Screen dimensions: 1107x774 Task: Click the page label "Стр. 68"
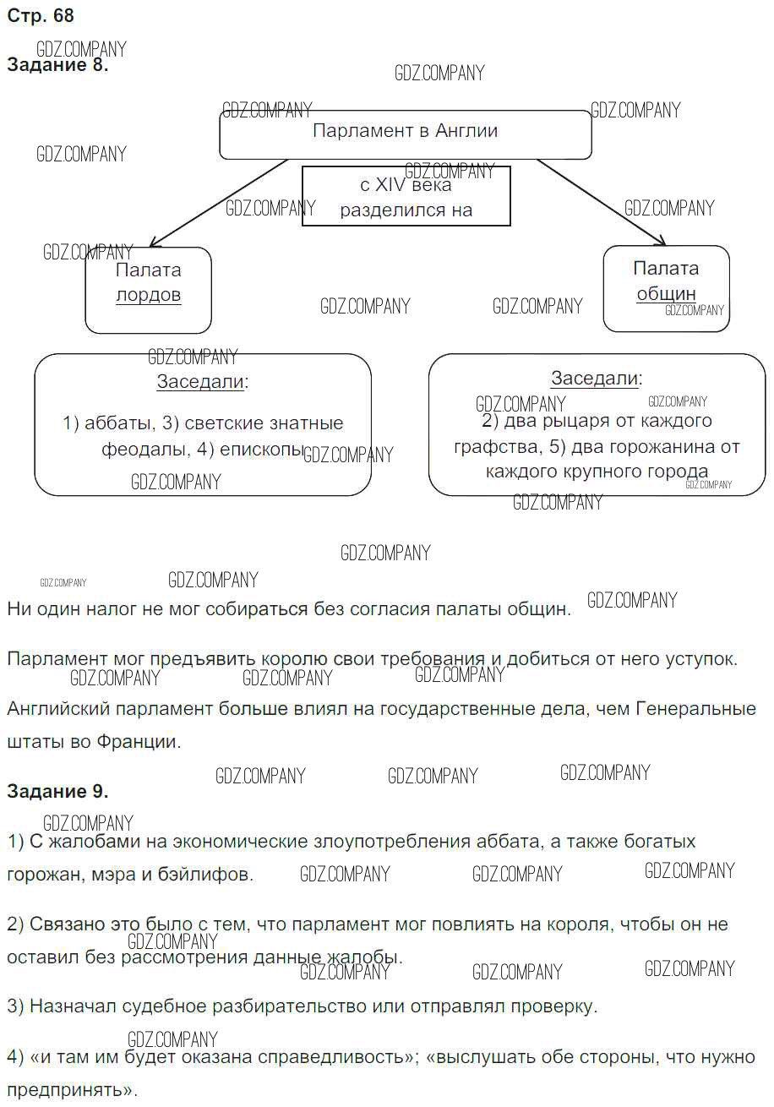(x=41, y=16)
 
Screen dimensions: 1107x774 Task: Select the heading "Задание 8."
(x=57, y=66)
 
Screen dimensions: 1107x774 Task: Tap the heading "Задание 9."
(x=57, y=792)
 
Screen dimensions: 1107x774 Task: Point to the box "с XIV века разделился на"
(x=406, y=197)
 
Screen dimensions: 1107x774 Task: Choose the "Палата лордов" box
(x=148, y=289)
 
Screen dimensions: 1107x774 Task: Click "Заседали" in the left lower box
(x=200, y=382)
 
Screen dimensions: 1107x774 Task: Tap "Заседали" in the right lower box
(x=594, y=379)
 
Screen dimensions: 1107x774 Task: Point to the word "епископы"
(x=261, y=450)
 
